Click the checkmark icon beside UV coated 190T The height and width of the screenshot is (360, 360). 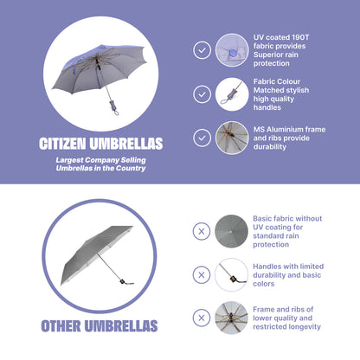(202, 50)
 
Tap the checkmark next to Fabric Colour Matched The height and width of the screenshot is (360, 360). (202, 94)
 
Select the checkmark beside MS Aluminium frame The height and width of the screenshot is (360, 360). (202, 138)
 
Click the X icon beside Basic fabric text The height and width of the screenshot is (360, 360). (202, 231)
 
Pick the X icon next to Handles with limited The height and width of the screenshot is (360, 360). (202, 274)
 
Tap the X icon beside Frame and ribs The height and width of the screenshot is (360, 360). (202, 318)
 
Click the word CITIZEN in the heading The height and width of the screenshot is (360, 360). (62, 144)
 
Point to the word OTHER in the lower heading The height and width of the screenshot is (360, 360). (61, 326)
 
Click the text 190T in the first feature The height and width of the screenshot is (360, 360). (300, 37)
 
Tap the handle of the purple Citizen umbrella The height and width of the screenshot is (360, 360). (113, 106)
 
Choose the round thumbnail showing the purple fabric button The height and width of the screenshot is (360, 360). (232, 50)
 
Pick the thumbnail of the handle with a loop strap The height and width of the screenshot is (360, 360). (232, 94)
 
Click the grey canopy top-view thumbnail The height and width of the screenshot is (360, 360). (231, 231)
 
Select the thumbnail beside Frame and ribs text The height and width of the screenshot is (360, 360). (231, 318)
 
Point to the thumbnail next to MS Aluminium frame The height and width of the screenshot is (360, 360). (232, 138)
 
